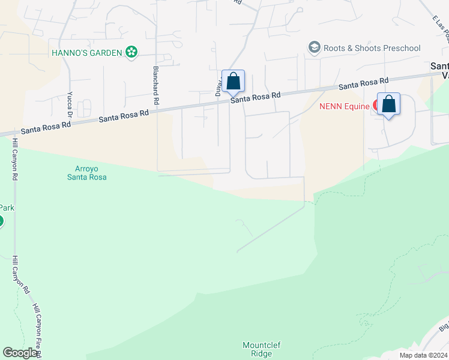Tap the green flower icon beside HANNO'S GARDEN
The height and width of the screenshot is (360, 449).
131,52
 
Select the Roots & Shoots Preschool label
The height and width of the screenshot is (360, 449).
372,48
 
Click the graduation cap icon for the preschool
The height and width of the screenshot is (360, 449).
314,47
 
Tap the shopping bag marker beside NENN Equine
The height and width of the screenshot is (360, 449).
389,104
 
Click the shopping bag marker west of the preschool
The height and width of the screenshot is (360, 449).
233,81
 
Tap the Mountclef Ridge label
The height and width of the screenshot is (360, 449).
261,349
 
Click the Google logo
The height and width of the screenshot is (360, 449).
20,352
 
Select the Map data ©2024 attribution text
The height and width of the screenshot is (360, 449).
423,355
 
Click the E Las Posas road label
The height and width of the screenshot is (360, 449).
441,31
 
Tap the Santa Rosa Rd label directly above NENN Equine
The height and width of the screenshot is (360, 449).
363,83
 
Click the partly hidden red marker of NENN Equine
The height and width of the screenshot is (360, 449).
376,106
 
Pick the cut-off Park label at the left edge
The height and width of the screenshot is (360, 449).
7,208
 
